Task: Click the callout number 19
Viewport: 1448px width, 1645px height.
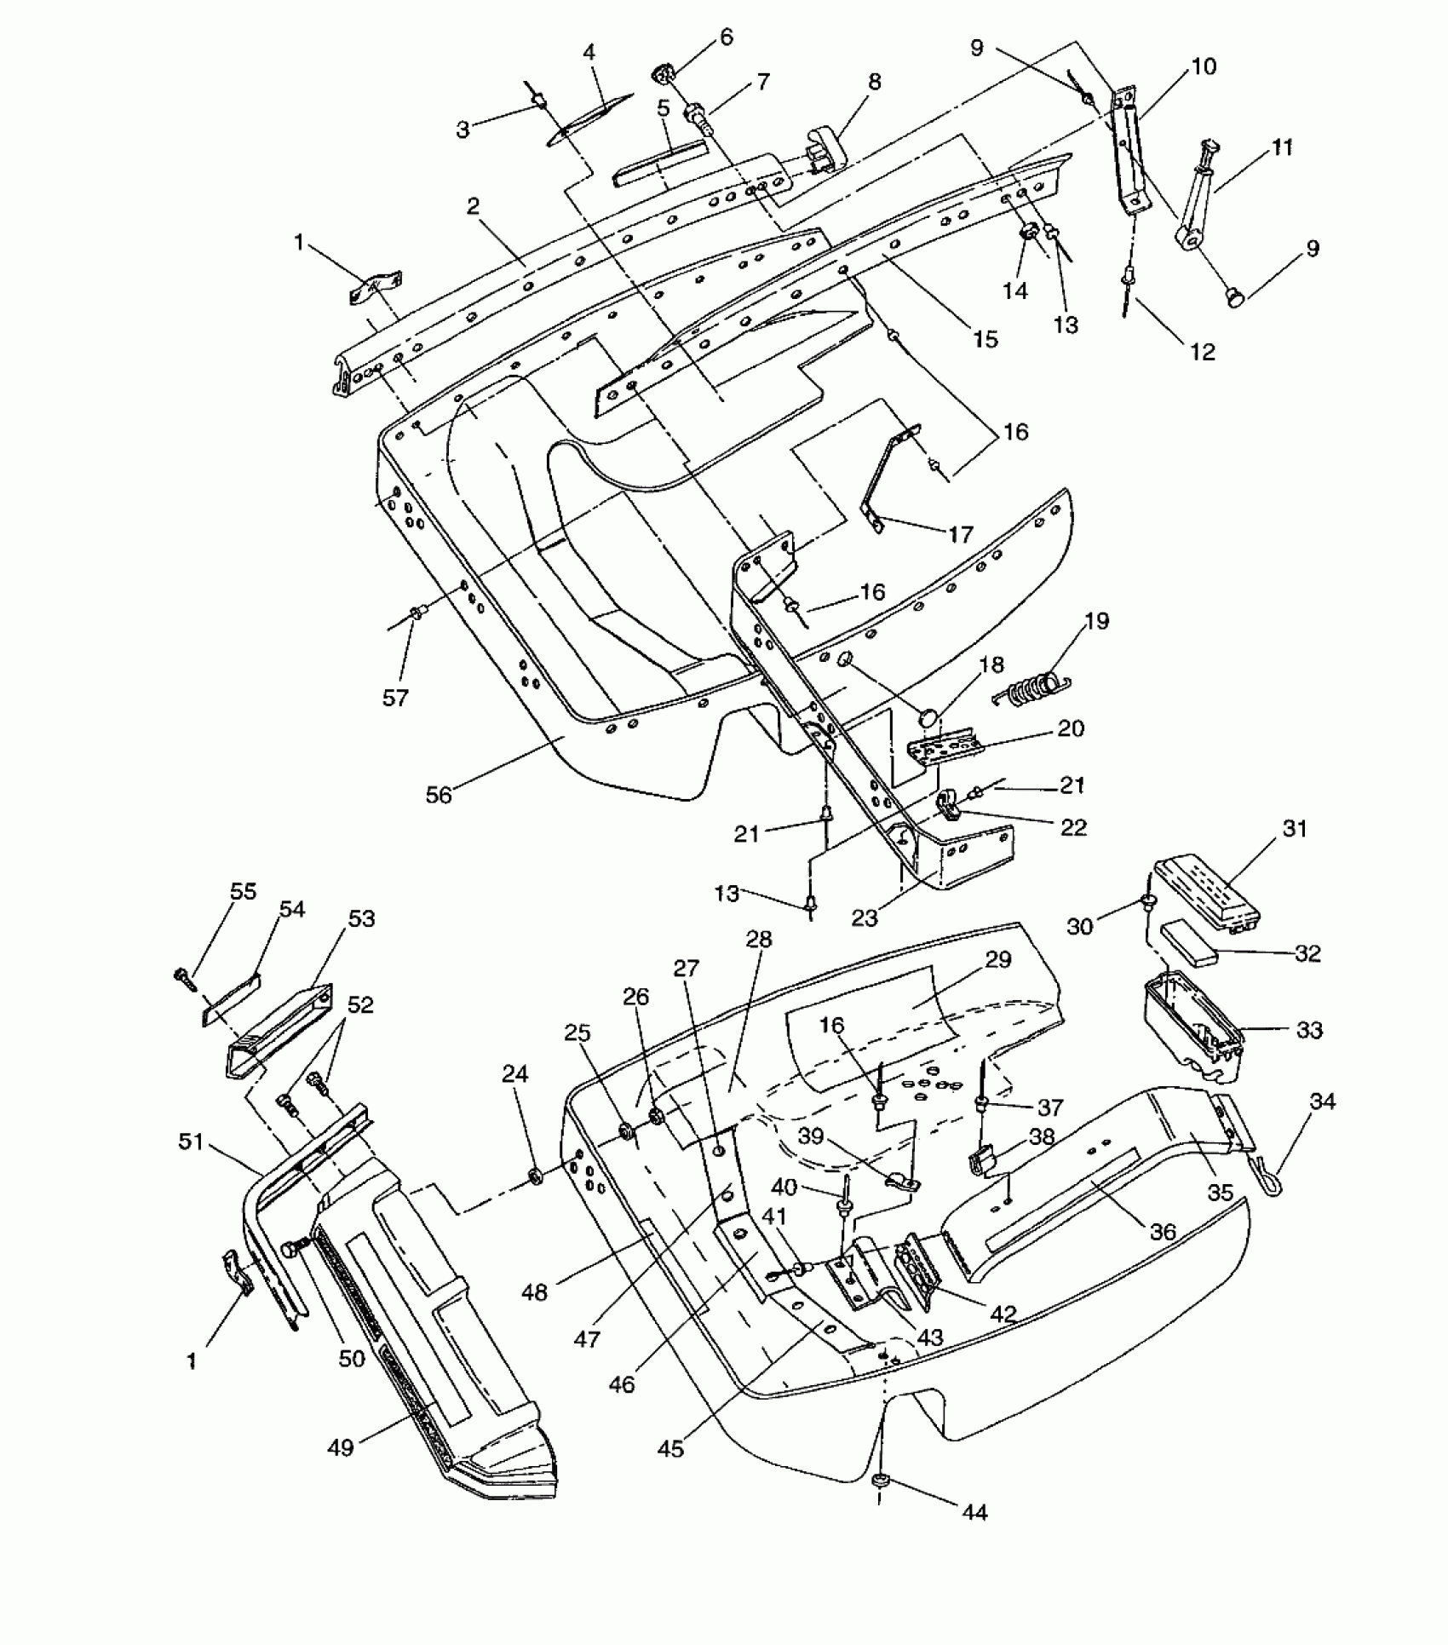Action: pyautogui.click(x=1097, y=621)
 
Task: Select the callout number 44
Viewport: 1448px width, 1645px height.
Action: pyautogui.click(x=974, y=1511)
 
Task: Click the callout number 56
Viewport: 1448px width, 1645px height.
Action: pyautogui.click(x=439, y=795)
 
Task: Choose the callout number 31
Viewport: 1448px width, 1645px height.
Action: pyautogui.click(x=1295, y=828)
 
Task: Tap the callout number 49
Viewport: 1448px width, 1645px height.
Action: pyautogui.click(x=341, y=1447)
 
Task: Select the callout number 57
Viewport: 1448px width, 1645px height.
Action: pyautogui.click(x=396, y=698)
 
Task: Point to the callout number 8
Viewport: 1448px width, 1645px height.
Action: pyautogui.click(x=875, y=82)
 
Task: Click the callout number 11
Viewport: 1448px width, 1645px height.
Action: pyautogui.click(x=1282, y=147)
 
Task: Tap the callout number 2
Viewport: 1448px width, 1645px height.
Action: pyautogui.click(x=473, y=206)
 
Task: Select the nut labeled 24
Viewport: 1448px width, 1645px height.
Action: pyautogui.click(x=537, y=1177)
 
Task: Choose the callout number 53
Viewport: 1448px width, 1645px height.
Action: pyautogui.click(x=361, y=919)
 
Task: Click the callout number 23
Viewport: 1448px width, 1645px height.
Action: pyautogui.click(x=865, y=917)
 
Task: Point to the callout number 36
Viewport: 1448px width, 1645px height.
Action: pyautogui.click(x=1163, y=1231)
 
